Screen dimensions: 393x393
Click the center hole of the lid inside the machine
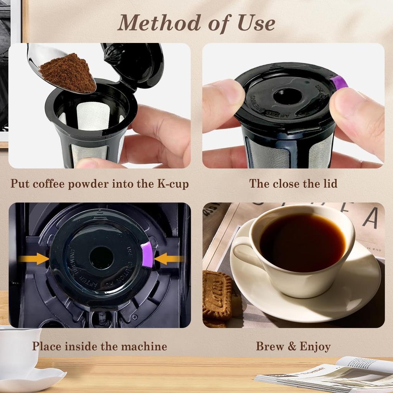[101, 258]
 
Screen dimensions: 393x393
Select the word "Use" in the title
[256, 23]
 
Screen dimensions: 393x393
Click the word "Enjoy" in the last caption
[315, 347]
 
